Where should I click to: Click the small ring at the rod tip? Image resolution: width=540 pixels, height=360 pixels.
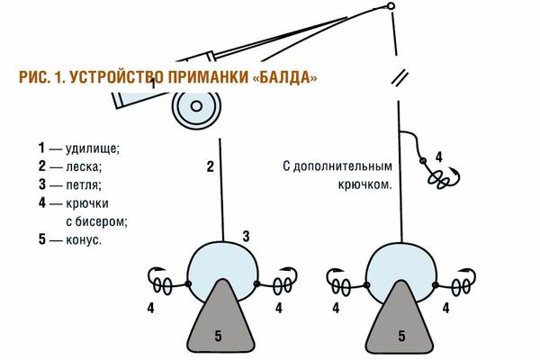click(x=391, y=7)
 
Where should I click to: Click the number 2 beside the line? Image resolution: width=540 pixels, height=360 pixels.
click(x=209, y=166)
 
